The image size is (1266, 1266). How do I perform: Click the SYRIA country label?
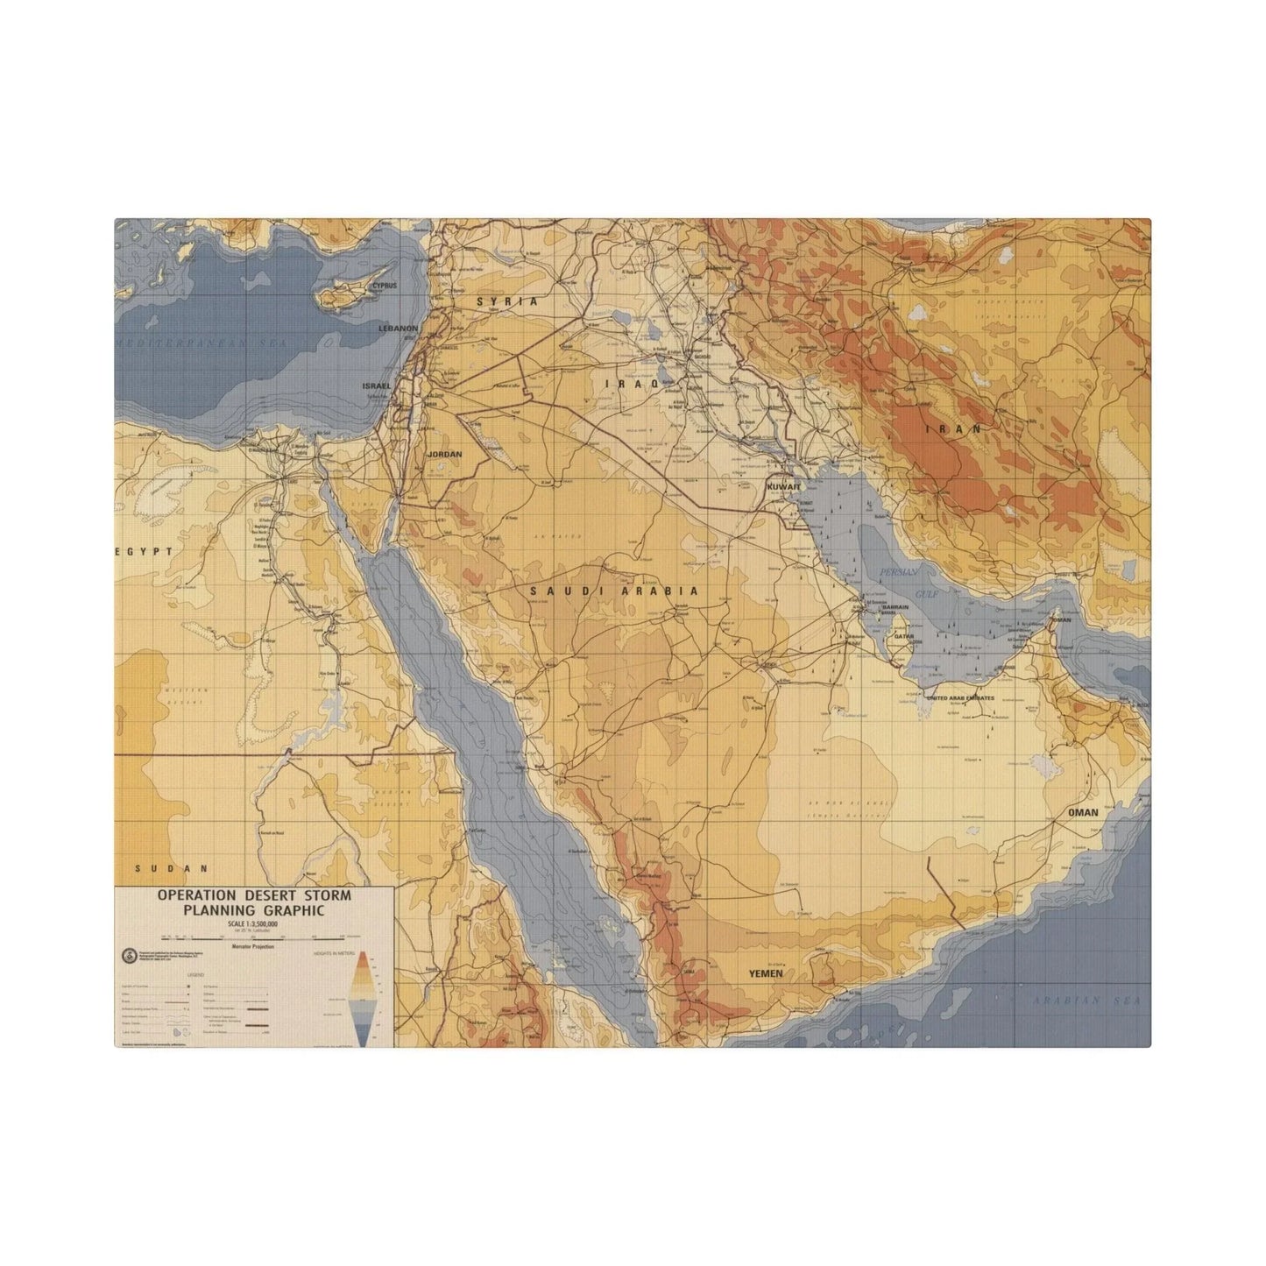[506, 301]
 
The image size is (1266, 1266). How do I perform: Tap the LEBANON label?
[398, 328]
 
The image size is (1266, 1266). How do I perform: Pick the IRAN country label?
[954, 429]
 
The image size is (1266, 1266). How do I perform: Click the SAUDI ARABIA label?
[614, 591]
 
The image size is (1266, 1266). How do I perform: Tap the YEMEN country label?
[765, 973]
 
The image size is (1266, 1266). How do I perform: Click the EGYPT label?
[138, 552]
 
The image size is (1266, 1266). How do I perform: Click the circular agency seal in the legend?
[129, 958]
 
